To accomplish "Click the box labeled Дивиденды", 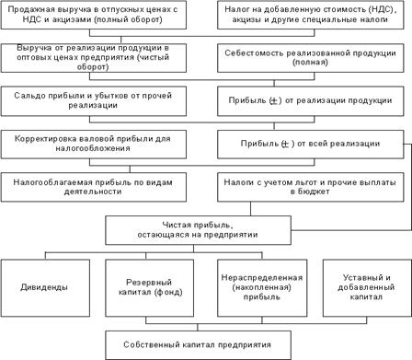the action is point(45,288).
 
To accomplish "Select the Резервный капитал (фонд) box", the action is point(150,288).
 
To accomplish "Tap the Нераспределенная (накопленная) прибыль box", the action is point(262,288).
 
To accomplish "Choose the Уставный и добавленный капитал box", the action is point(367,288).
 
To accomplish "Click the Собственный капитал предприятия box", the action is point(198,345).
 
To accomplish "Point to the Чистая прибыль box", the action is point(198,230).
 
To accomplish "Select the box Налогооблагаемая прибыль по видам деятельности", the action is point(94,187).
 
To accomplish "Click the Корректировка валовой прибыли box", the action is point(94,144).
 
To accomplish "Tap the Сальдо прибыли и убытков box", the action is point(94,101).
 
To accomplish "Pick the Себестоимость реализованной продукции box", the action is point(311,58).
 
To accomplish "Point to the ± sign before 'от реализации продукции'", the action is point(275,100).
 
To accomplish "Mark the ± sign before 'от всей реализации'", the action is point(285,144).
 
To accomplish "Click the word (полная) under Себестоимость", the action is point(310,63).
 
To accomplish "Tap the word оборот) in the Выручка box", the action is point(93,67).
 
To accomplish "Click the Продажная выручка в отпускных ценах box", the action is point(94,15).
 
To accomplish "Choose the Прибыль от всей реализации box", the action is point(311,144).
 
